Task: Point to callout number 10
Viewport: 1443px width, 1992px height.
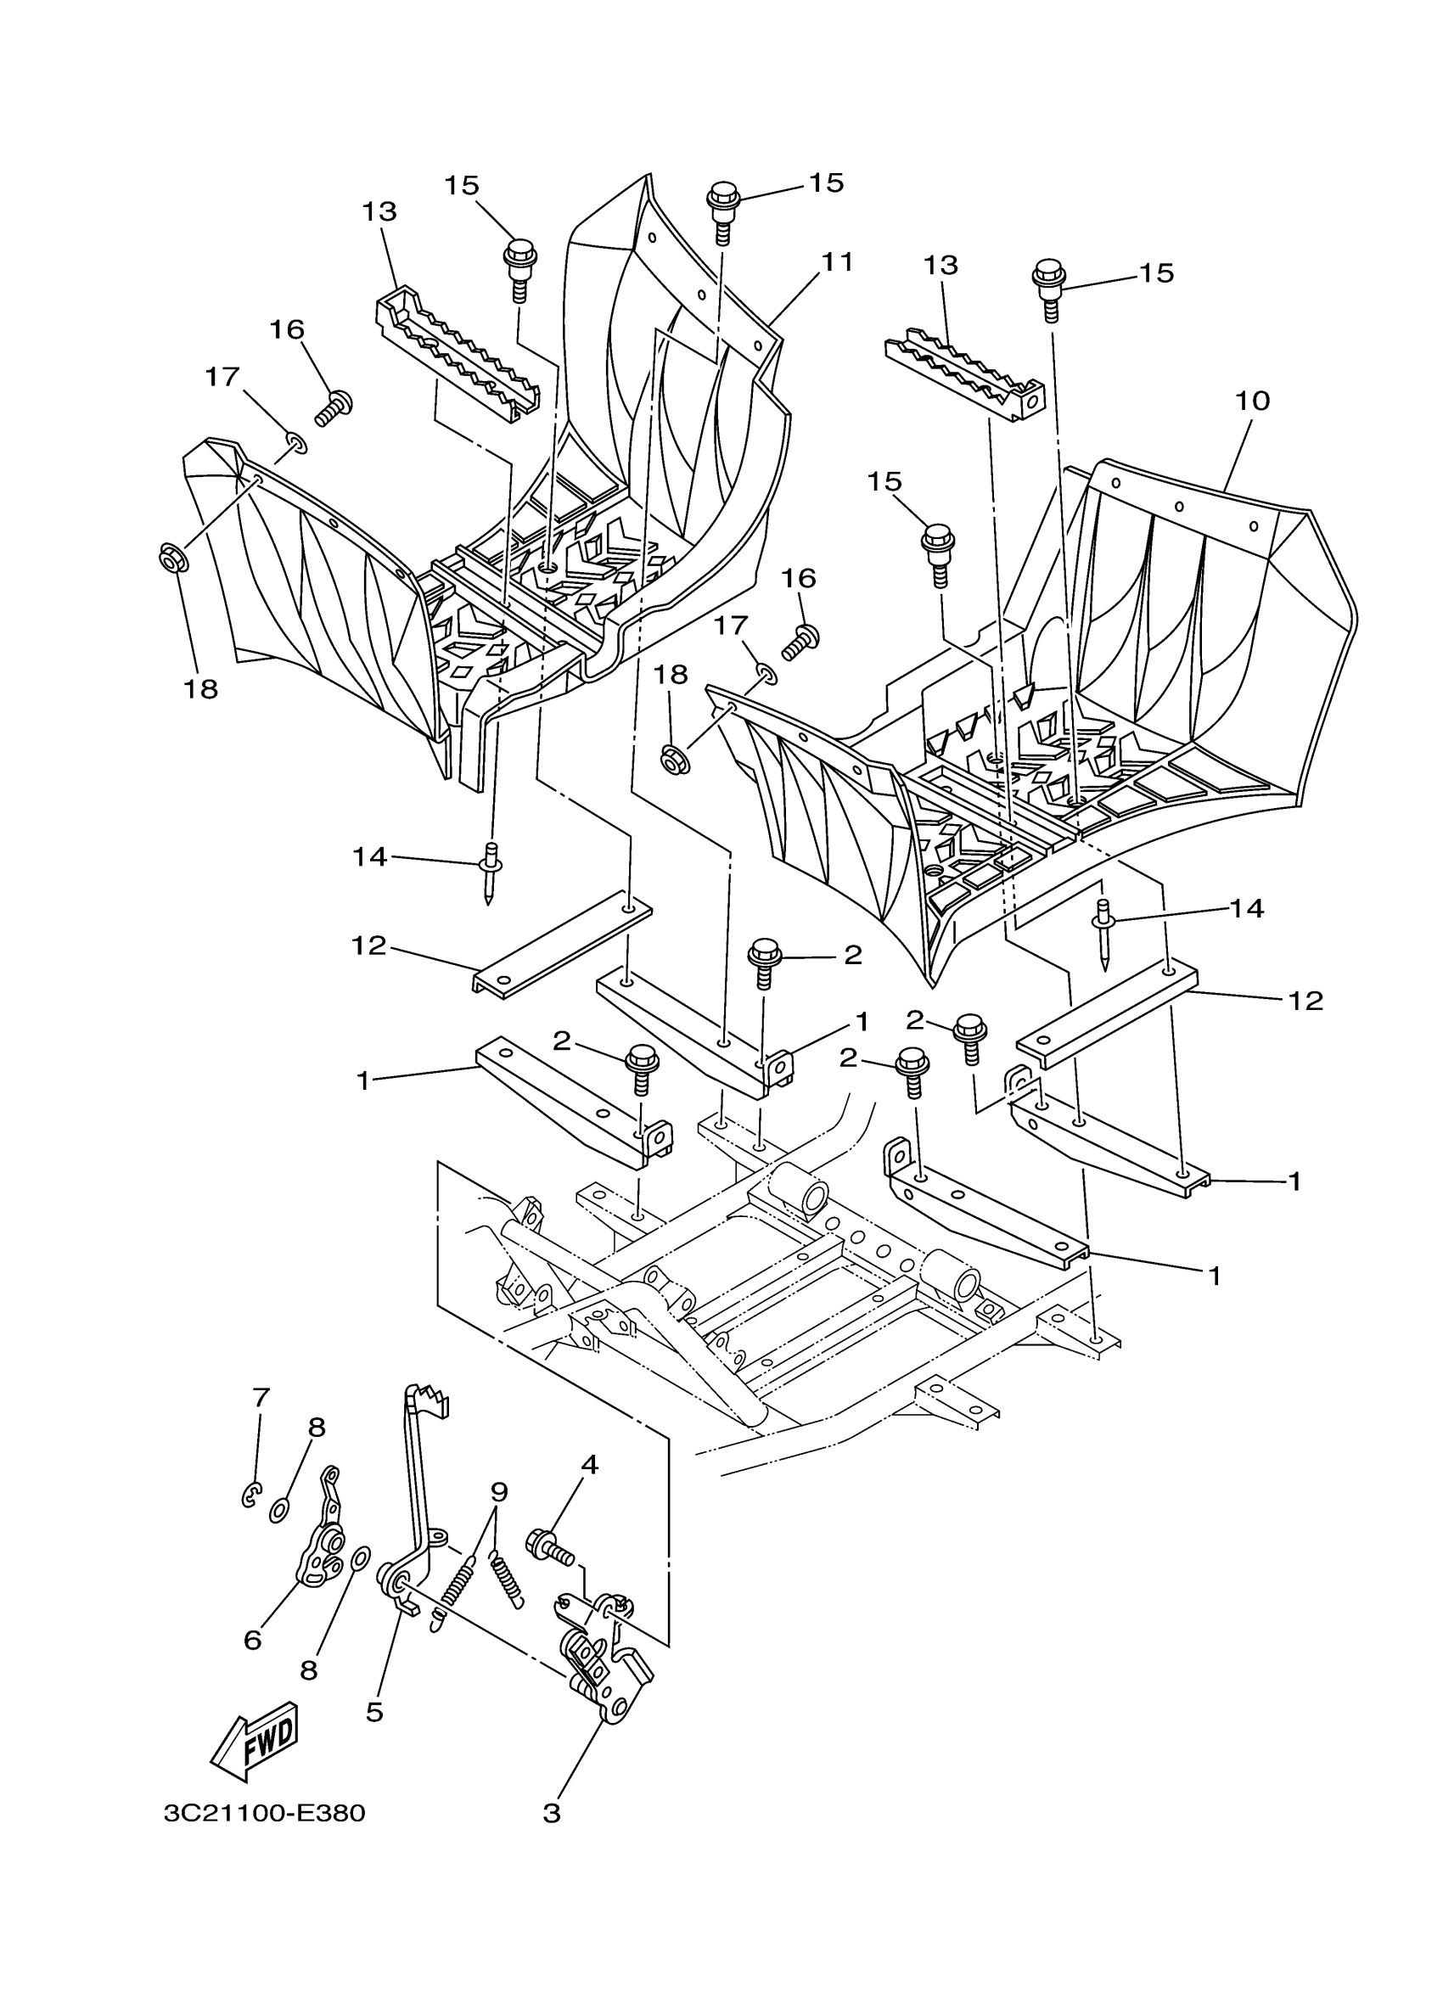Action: coord(1252,401)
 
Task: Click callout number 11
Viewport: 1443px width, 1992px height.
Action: coord(836,261)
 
